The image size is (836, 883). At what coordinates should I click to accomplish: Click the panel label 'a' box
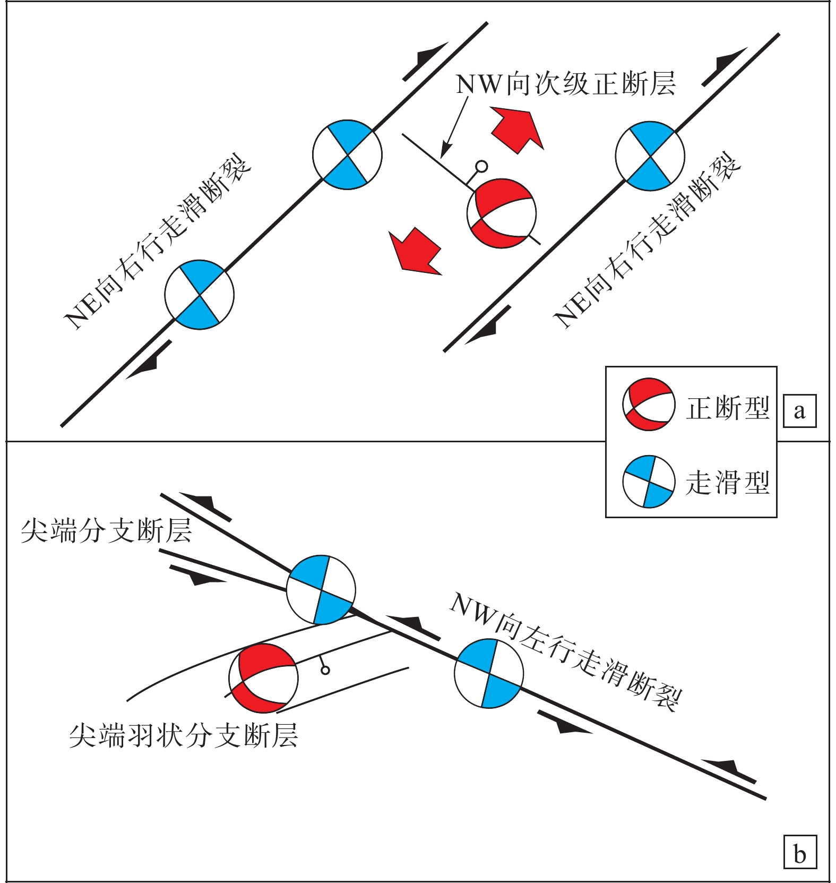799,411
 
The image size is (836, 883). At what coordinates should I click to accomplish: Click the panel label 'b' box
799,852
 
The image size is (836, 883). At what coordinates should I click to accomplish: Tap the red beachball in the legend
649,405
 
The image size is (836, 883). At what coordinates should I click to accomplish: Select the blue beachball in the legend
649,482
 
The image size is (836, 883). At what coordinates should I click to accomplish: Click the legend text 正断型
728,408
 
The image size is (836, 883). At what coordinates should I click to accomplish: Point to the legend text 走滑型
728,483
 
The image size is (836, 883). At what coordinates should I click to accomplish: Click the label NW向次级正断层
566,84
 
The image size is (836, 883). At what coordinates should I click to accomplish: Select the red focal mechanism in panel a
502,213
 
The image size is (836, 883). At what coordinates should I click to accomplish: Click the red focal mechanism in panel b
263,678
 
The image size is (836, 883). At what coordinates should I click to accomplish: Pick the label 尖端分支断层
106,530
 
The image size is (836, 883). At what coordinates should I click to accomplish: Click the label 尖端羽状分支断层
184,735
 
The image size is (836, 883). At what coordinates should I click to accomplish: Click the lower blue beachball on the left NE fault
199,295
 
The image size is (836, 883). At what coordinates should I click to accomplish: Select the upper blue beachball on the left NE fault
347,155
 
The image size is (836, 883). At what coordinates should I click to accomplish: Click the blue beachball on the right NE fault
650,156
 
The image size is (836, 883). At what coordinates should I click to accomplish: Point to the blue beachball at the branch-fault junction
321,589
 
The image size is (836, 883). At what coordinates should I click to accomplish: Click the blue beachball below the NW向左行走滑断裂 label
489,673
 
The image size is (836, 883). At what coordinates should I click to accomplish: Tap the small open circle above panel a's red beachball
481,167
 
